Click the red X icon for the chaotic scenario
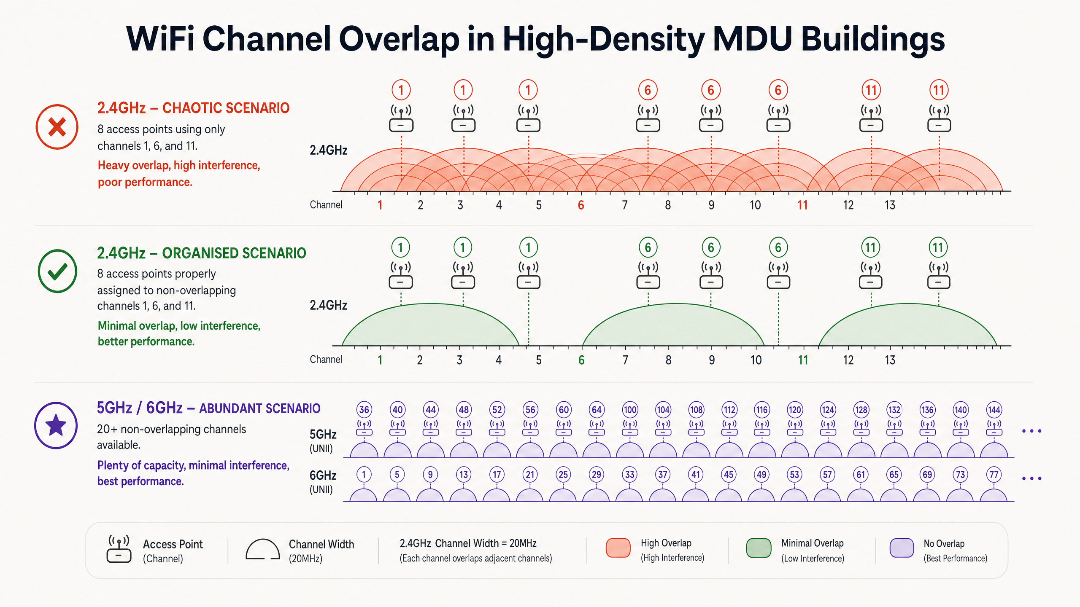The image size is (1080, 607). [x=57, y=127]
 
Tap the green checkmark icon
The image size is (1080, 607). [x=57, y=271]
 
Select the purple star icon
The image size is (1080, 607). [x=56, y=425]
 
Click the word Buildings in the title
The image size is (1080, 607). [x=872, y=39]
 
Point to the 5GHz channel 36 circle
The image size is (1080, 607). [x=364, y=410]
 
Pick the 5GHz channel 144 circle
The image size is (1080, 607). [x=994, y=410]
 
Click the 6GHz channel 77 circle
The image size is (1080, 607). [x=994, y=475]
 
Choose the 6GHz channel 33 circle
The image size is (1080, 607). [x=629, y=475]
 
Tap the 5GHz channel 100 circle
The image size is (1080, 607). [x=630, y=410]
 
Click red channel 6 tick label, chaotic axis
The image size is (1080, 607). [x=581, y=205]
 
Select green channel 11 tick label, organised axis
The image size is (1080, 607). [x=803, y=360]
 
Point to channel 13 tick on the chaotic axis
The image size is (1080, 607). [x=890, y=205]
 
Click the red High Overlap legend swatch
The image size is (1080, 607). [x=618, y=548]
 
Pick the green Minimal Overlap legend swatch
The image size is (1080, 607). [x=759, y=548]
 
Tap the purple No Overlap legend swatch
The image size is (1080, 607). [x=902, y=548]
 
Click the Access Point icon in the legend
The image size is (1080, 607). [x=119, y=549]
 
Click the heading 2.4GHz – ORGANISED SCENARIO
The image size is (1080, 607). [x=202, y=253]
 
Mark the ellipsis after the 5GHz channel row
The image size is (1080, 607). [x=1032, y=431]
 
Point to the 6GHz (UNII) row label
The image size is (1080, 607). [x=323, y=482]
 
